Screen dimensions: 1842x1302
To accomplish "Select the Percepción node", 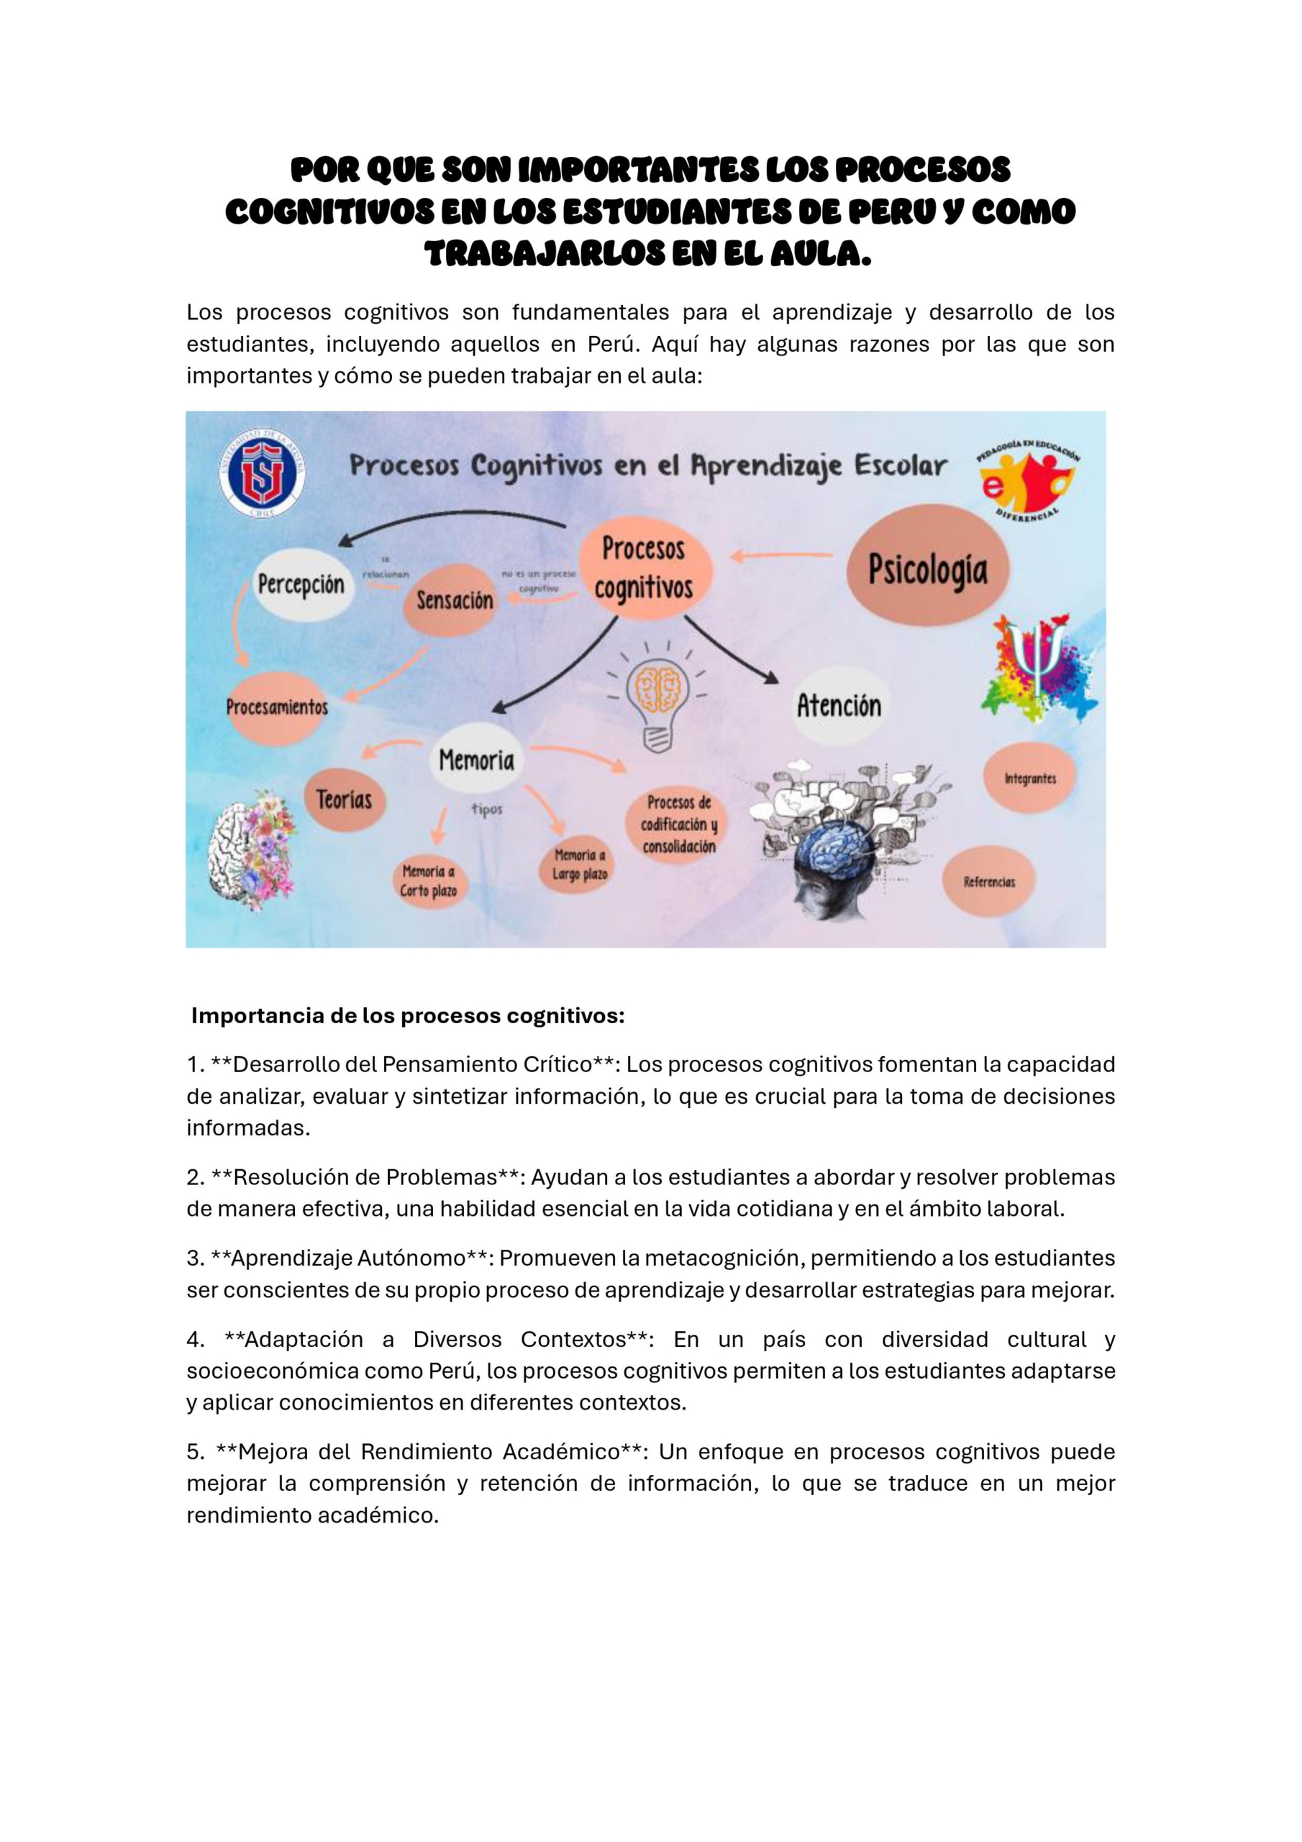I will pos(301,584).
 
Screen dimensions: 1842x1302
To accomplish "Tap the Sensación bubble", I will pos(454,599).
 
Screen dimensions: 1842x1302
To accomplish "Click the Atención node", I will pos(838,705).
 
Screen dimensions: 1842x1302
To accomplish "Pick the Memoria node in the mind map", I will pos(476,759).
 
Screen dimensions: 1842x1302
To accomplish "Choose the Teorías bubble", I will pos(343,799).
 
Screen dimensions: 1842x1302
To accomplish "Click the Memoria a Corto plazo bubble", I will pos(429,881).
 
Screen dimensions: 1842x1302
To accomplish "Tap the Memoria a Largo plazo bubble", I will pos(579,864).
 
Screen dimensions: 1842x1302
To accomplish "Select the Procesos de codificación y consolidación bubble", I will pos(678,824).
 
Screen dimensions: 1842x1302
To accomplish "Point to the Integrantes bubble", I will pos(1030,779).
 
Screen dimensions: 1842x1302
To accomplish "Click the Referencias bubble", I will pos(989,881).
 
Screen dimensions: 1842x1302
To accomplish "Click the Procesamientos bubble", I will pos(277,707).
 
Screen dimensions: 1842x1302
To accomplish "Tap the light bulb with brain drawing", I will pos(657,697).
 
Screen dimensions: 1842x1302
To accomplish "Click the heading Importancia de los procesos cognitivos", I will pos(408,1016).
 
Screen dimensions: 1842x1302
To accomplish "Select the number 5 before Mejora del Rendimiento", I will pos(194,1451).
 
